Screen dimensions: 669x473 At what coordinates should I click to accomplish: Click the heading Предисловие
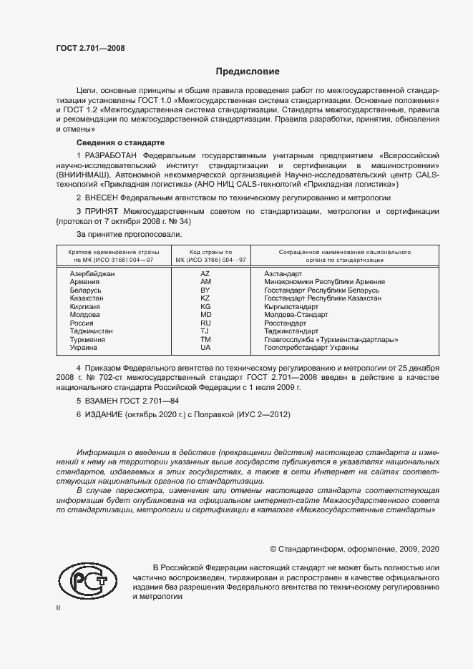point(248,72)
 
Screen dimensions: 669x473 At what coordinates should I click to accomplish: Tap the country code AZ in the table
point(205,274)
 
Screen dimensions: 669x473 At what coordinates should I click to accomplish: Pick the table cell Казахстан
point(87,298)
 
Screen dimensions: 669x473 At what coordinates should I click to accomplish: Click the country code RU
point(205,323)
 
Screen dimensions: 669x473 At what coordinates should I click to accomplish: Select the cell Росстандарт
point(286,323)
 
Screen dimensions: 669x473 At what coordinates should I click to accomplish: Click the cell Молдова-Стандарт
point(296,315)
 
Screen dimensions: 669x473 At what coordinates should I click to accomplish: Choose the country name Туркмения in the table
point(87,339)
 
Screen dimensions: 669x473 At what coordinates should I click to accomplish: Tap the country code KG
point(205,306)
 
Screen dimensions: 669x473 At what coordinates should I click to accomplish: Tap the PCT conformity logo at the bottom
point(86,580)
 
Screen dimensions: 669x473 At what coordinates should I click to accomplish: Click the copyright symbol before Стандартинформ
point(273,549)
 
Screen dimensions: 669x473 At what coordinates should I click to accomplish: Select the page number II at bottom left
point(58,608)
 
